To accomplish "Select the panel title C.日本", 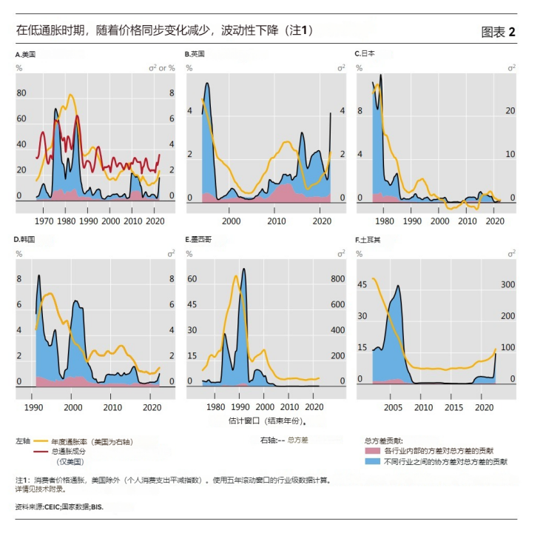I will [365, 55].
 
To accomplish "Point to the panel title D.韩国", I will [25, 240].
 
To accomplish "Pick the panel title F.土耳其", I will [369, 240].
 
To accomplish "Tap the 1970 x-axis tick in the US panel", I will [44, 221].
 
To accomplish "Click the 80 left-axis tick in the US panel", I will [21, 93].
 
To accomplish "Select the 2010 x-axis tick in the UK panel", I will [276, 221].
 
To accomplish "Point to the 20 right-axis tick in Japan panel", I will [510, 110].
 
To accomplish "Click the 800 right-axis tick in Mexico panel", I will [337, 279].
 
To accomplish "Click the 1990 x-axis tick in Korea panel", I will [33, 407].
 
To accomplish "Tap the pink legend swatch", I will [373, 450].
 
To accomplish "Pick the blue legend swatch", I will [373, 461].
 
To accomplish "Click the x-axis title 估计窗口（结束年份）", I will [266, 420].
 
